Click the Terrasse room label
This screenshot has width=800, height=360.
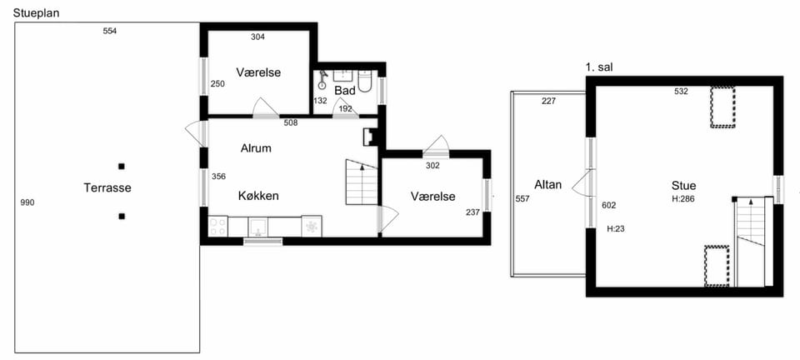click(x=107, y=187)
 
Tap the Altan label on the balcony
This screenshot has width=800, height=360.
click(x=548, y=184)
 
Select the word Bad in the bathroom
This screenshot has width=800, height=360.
click(x=345, y=90)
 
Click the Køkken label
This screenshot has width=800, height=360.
click(x=258, y=196)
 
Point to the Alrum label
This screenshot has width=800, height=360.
click(x=256, y=148)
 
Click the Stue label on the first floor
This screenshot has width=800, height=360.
click(x=683, y=186)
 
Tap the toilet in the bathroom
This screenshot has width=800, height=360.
click(x=365, y=82)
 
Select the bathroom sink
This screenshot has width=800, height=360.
click(x=344, y=76)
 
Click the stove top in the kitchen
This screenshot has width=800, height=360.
click(x=218, y=227)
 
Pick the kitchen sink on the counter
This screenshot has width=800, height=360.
click(x=258, y=227)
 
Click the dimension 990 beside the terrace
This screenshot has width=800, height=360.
click(x=27, y=203)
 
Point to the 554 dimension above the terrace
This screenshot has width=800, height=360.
click(x=110, y=31)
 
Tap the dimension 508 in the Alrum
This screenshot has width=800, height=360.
click(x=290, y=122)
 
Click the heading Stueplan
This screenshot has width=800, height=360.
click(x=36, y=13)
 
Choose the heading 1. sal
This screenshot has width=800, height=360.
click(x=599, y=67)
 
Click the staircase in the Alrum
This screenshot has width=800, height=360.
click(x=361, y=182)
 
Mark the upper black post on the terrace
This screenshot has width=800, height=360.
click(x=122, y=166)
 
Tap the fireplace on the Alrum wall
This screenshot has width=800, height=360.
click(x=369, y=137)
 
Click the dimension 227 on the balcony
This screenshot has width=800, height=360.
click(x=549, y=102)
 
